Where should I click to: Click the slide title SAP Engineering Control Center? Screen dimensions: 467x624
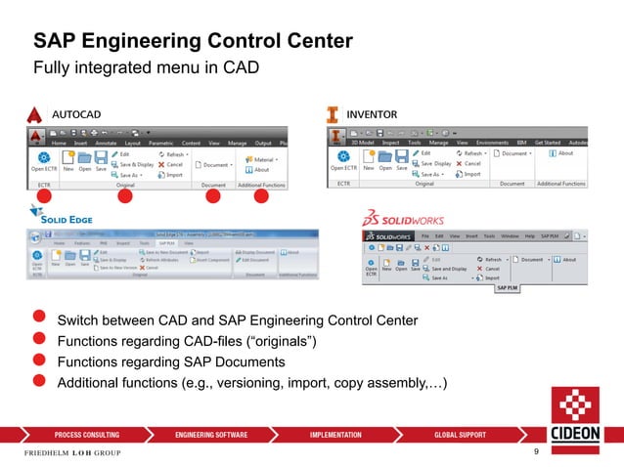point(193,41)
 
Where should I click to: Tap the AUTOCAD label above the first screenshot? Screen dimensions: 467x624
point(75,114)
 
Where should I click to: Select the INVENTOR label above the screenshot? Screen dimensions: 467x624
point(373,114)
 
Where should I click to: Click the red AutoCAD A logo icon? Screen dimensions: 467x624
point(35,114)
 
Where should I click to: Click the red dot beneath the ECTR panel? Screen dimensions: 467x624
point(43,196)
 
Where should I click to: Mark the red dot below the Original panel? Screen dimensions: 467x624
point(125,196)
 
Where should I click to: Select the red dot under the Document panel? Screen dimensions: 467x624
point(212,196)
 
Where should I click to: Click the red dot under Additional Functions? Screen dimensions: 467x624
point(261,196)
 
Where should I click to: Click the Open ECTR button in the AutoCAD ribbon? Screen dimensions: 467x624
point(43,161)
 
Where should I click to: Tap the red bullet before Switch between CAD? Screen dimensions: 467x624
point(39,319)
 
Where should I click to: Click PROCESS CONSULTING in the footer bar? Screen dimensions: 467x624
point(87,434)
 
